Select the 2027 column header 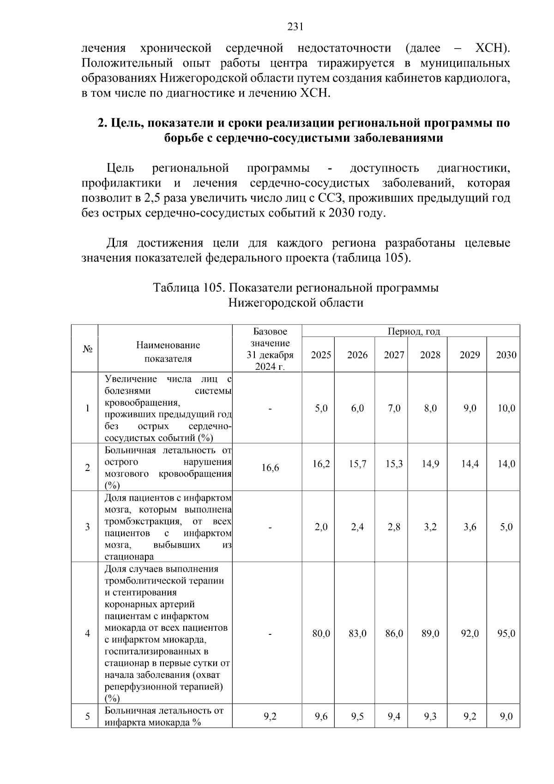click(x=394, y=355)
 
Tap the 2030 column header click(x=506, y=355)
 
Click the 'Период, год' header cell click(x=414, y=332)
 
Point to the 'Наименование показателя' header click(x=168, y=352)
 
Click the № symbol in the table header click(x=88, y=349)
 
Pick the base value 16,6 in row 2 click(x=270, y=468)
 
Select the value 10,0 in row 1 click(x=506, y=408)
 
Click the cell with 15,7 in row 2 click(x=357, y=464)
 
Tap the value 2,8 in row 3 click(x=394, y=527)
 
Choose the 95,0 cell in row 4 click(x=506, y=633)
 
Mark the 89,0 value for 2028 click(x=430, y=633)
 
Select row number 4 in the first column click(x=87, y=633)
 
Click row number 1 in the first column click(x=87, y=408)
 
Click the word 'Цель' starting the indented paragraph click(x=120, y=168)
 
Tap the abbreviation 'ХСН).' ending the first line click(x=493, y=48)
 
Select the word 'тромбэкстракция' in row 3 click(x=142, y=522)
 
